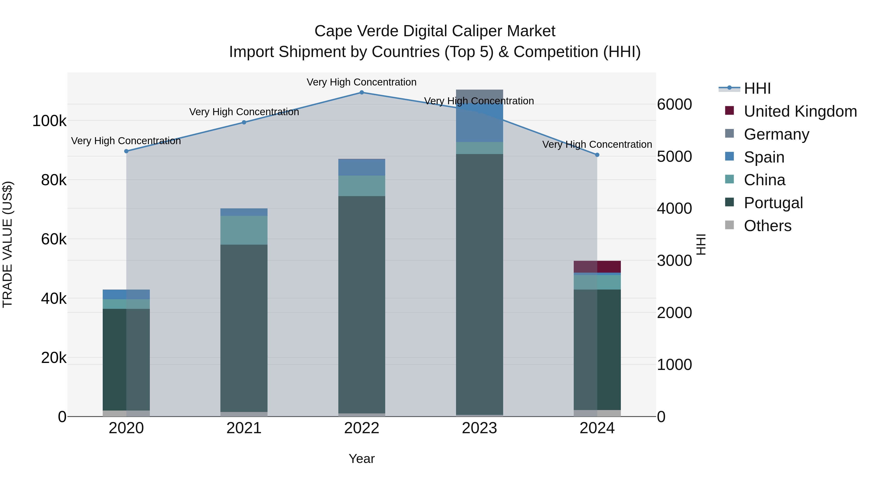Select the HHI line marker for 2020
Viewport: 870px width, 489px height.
pos(126,151)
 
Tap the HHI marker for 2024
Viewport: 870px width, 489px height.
pos(597,155)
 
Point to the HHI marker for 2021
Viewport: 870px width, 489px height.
pos(244,122)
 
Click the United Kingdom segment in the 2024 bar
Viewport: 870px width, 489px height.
pos(597,267)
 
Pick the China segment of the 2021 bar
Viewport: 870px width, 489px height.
pos(244,230)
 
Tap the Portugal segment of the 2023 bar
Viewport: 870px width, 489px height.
pos(479,283)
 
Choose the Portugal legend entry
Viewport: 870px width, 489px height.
pos(773,203)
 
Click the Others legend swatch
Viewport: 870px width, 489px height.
pos(730,225)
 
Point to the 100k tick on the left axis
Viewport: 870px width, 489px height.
pos(49,121)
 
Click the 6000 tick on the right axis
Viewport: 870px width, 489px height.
pos(674,104)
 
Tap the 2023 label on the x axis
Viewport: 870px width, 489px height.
pos(479,428)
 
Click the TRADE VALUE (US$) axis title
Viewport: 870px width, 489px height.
pos(7,244)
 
